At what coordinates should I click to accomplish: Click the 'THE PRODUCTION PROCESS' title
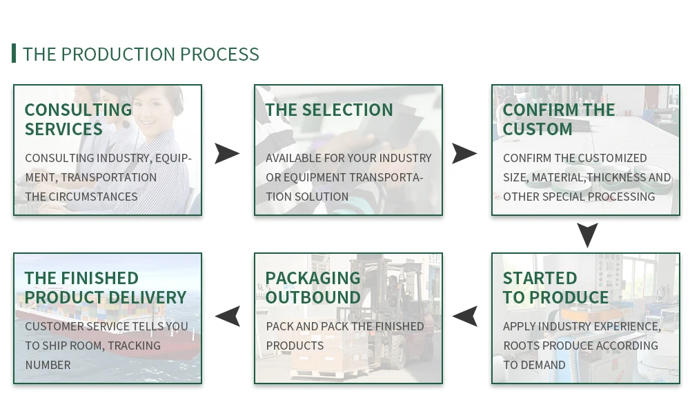[141, 54]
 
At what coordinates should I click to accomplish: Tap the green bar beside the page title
[14, 53]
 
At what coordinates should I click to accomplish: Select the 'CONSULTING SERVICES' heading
[79, 119]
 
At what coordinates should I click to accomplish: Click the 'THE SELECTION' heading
[328, 110]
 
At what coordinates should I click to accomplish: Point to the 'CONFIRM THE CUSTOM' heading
[559, 119]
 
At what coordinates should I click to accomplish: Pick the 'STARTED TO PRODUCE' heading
[555, 288]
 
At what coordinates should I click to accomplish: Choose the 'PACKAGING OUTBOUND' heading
[313, 288]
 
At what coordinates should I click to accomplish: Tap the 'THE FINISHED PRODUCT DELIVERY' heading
[106, 288]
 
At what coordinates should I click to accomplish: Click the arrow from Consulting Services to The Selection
[227, 154]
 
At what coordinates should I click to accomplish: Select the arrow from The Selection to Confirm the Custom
[464, 154]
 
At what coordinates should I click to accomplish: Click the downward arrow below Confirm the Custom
[587, 235]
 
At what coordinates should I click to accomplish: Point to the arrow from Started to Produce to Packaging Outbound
[464, 316]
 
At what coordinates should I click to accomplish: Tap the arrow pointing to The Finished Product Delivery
[228, 316]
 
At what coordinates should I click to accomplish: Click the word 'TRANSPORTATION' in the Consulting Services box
[109, 177]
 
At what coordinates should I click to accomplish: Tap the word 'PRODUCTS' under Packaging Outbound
[295, 346]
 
